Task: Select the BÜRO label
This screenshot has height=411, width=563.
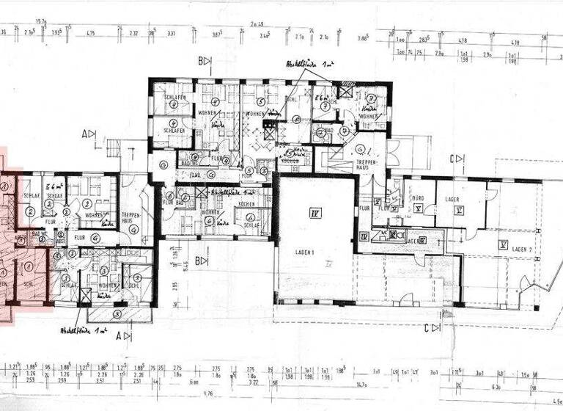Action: pos(418,198)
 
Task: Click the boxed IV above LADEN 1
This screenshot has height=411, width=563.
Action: pos(315,214)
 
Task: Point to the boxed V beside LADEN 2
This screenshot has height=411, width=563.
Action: pos(503,244)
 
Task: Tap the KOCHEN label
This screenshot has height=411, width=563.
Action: pos(246,204)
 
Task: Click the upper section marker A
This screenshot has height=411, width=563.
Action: pos(89,134)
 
